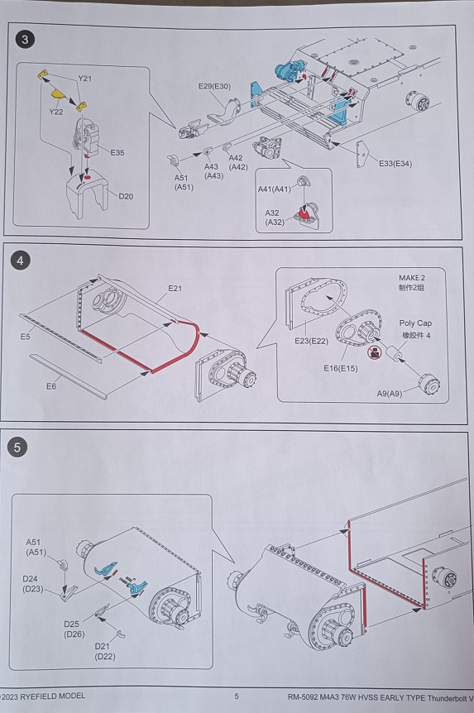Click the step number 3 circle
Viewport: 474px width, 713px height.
click(x=25, y=40)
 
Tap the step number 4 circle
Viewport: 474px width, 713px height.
click(x=20, y=261)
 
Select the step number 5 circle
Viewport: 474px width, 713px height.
click(x=17, y=447)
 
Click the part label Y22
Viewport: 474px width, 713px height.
click(x=56, y=112)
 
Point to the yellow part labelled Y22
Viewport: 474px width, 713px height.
click(x=58, y=94)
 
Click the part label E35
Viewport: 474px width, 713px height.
click(x=117, y=153)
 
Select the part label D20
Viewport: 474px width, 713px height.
click(x=126, y=196)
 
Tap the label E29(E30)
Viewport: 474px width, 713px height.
click(x=214, y=86)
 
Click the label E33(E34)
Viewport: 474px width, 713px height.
click(x=395, y=163)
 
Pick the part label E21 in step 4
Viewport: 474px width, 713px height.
click(x=175, y=289)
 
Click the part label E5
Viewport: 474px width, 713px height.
click(x=25, y=337)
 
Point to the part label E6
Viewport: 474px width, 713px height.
click(x=51, y=386)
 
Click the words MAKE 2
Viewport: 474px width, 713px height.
click(x=412, y=278)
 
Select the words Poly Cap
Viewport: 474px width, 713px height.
click(x=415, y=323)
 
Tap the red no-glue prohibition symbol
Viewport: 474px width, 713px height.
click(x=374, y=352)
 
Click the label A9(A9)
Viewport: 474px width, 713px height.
click(x=390, y=394)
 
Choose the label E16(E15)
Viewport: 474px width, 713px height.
click(x=340, y=368)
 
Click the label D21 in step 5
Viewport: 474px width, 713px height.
click(x=103, y=646)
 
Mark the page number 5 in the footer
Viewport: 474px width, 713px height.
click(x=237, y=696)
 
